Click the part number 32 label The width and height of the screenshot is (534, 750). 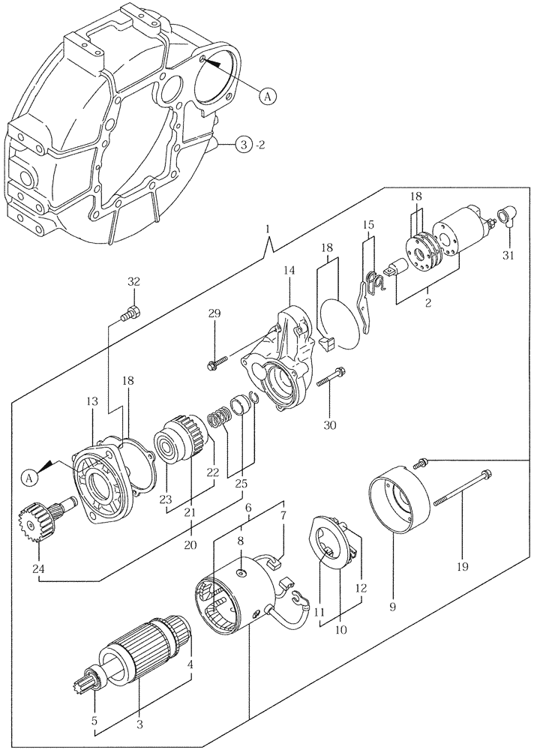point(133,282)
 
